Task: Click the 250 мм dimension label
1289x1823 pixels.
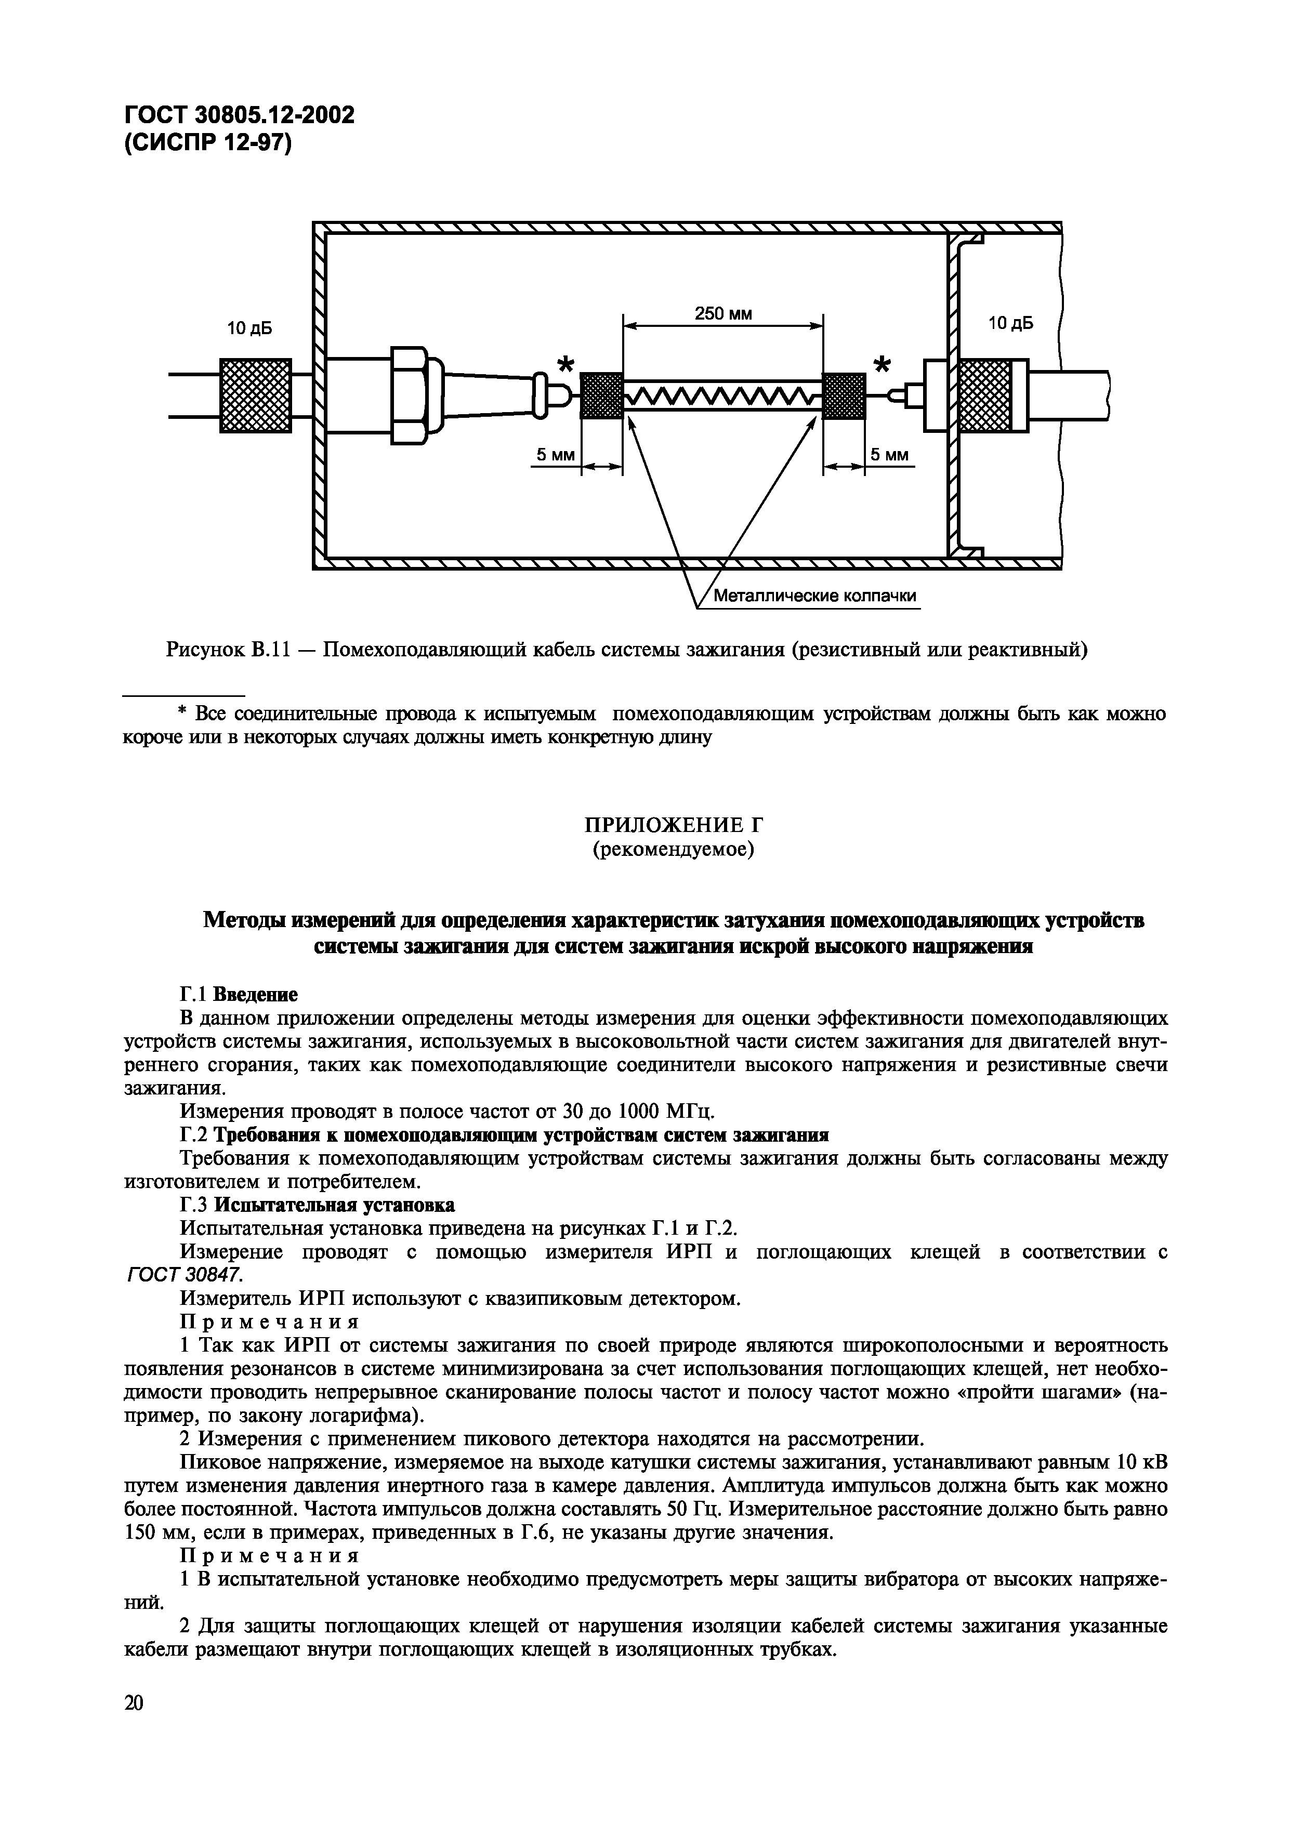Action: click(723, 314)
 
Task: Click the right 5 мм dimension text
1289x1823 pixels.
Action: click(889, 455)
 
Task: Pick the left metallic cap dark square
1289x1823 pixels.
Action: click(601, 395)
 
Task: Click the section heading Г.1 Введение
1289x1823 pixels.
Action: click(239, 994)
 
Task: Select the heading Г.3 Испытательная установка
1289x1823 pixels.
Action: click(318, 1205)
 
